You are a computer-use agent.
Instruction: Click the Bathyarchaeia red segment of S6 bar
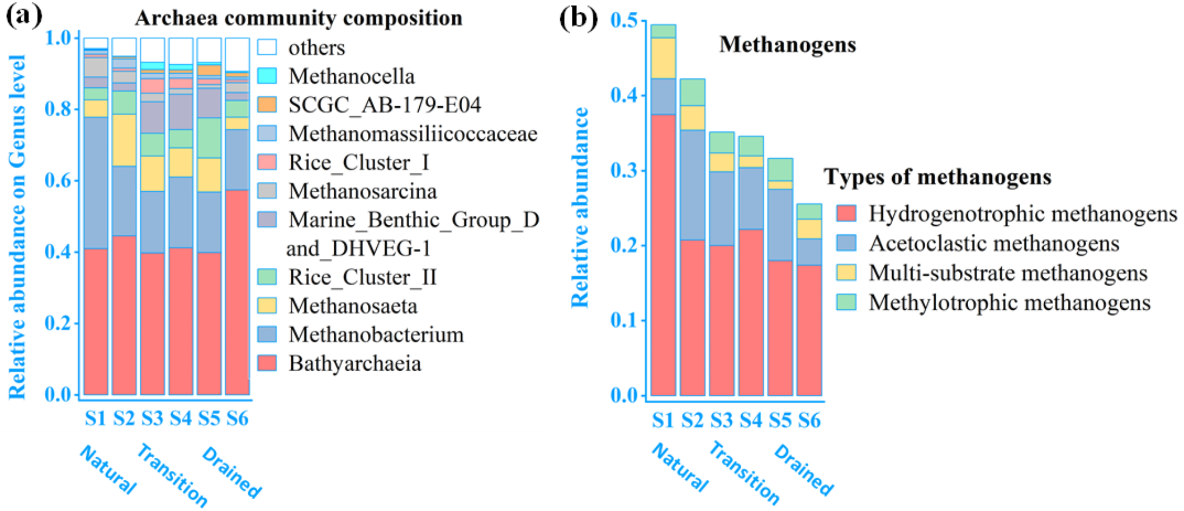pyautogui.click(x=238, y=292)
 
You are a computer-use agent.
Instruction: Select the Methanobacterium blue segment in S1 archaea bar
pyautogui.click(x=96, y=183)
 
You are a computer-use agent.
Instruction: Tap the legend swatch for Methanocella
pyautogui.click(x=267, y=76)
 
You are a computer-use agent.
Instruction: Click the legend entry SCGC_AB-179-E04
pyautogui.click(x=384, y=105)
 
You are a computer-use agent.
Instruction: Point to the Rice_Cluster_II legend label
pyautogui.click(x=363, y=277)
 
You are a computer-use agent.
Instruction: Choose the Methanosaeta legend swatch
pyautogui.click(x=267, y=306)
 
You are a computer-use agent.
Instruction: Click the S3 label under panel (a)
pyautogui.click(x=152, y=418)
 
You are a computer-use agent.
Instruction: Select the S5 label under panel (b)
pyautogui.click(x=780, y=420)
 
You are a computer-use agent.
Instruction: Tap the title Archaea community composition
pyautogui.click(x=298, y=18)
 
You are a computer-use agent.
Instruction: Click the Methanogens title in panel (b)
pyautogui.click(x=787, y=45)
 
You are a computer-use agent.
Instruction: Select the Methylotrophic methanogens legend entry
pyautogui.click(x=1009, y=303)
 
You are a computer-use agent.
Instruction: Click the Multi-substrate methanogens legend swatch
pyautogui.click(x=846, y=273)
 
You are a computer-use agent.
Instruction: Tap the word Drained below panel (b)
pyautogui.click(x=804, y=470)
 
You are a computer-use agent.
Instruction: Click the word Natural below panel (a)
pyautogui.click(x=108, y=469)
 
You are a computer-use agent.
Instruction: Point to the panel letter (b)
pyautogui.click(x=577, y=18)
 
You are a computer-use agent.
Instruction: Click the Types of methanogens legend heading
pyautogui.click(x=938, y=176)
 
